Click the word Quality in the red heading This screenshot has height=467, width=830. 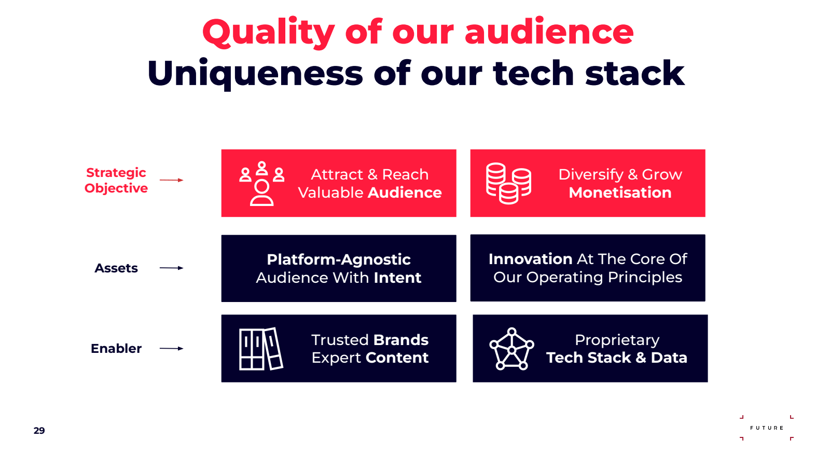tap(269, 33)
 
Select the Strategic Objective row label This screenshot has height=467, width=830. tap(116, 181)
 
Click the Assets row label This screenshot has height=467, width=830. tap(116, 268)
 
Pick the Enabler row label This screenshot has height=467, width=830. tap(116, 348)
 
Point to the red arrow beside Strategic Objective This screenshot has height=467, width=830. tap(171, 180)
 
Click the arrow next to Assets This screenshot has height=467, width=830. tap(171, 268)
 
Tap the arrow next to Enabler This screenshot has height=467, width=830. tap(171, 348)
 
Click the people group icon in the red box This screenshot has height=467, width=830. tap(261, 184)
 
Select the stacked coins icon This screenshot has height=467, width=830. tap(508, 184)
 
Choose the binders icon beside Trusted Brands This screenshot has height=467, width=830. tap(261, 349)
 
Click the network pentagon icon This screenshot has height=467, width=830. tap(511, 349)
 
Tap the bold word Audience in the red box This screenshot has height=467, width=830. tap(405, 193)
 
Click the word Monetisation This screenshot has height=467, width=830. tap(620, 193)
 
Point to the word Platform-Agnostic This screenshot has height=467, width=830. tap(339, 260)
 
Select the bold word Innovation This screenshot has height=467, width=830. tap(530, 259)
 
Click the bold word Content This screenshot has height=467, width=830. tap(397, 358)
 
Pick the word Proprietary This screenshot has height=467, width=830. tap(617, 340)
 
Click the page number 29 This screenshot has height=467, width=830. tap(39, 431)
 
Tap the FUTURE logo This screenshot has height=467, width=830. tap(767, 428)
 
